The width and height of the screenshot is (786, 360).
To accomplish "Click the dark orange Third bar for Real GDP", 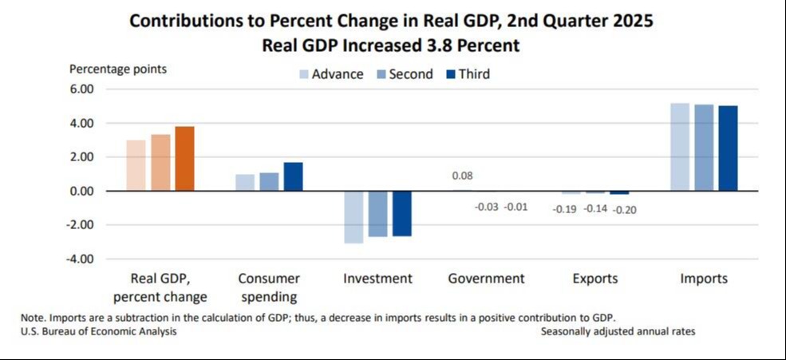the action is pyautogui.click(x=184, y=158).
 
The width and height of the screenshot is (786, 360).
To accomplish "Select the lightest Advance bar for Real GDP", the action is pyautogui.click(x=136, y=165).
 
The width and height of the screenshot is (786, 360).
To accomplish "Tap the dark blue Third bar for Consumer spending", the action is pyautogui.click(x=293, y=176).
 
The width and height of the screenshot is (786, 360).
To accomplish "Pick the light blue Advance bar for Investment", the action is pyautogui.click(x=354, y=217).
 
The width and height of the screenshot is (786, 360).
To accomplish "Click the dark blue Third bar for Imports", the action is pyautogui.click(x=728, y=148).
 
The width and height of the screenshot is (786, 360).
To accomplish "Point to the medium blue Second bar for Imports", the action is pyautogui.click(x=704, y=148).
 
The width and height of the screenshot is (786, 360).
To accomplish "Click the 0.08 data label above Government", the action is pyautogui.click(x=462, y=176).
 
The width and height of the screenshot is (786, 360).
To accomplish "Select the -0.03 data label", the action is pyautogui.click(x=486, y=207).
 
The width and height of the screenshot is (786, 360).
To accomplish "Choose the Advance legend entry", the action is pyautogui.click(x=331, y=74).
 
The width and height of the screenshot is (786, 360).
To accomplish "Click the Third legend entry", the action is pyautogui.click(x=467, y=74).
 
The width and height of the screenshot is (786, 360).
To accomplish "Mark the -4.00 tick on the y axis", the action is pyautogui.click(x=79, y=259).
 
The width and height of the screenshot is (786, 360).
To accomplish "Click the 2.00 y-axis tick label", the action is pyautogui.click(x=81, y=157).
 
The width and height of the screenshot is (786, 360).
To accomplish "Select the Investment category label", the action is pyautogui.click(x=377, y=279).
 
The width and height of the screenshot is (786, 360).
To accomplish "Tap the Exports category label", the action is pyautogui.click(x=595, y=279).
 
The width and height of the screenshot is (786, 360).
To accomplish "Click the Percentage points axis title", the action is pyautogui.click(x=118, y=69).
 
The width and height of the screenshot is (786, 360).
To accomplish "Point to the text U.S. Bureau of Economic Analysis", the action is pyautogui.click(x=98, y=332).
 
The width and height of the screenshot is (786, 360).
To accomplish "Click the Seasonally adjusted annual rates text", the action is pyautogui.click(x=618, y=332).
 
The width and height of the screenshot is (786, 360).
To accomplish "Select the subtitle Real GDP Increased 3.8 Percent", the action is pyautogui.click(x=391, y=45).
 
